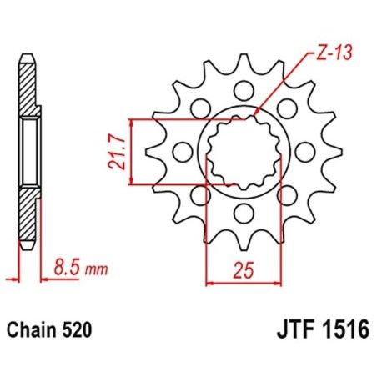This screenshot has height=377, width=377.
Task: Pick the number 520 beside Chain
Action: tap(82, 331)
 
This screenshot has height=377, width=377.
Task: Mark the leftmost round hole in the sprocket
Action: tap(180, 152)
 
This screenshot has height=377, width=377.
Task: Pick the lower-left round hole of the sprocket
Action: tap(200, 195)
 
